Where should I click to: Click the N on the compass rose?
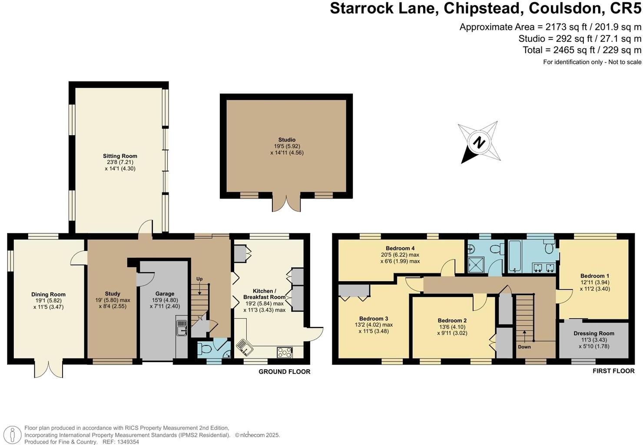[478, 142]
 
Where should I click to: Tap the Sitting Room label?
[120, 156]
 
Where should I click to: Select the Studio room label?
[286, 140]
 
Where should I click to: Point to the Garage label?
[165, 293]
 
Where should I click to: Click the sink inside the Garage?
[182, 328]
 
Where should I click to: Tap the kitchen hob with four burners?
[285, 352]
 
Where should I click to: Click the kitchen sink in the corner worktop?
[245, 348]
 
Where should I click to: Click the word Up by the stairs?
[199, 279]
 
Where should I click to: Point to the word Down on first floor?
[524, 347]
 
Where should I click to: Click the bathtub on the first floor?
[514, 256]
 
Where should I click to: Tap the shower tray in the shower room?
[476, 265]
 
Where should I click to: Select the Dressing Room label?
[594, 333]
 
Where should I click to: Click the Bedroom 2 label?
[452, 320]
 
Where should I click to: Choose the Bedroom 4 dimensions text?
[400, 258]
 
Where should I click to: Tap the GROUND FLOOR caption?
[285, 372]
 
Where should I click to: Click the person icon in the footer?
[12, 435]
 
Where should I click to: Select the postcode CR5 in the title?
[626, 8]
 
